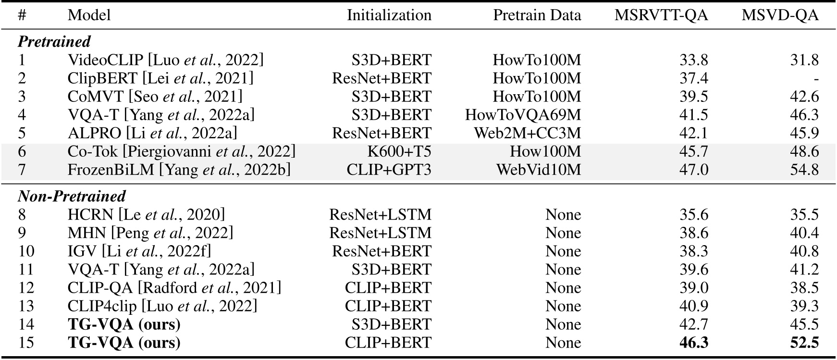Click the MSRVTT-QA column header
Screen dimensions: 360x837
[661, 15]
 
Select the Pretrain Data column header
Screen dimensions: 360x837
[537, 15]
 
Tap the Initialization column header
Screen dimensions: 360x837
[389, 15]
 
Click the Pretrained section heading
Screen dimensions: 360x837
[54, 42]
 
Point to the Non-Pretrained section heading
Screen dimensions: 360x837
[72, 196]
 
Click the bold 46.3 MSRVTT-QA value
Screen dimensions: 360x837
[693, 343]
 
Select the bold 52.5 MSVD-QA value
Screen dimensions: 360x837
[804, 343]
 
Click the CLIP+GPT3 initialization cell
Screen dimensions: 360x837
[389, 170]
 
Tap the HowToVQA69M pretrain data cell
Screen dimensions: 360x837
[523, 115]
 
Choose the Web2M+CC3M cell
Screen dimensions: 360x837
[527, 133]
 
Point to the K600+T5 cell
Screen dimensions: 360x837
[399, 152]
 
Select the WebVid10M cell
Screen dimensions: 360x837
[538, 170]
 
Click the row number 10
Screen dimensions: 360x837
[26, 251]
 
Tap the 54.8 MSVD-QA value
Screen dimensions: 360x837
[804, 170]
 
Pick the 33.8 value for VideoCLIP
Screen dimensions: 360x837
[693, 60]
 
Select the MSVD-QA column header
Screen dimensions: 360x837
[779, 15]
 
